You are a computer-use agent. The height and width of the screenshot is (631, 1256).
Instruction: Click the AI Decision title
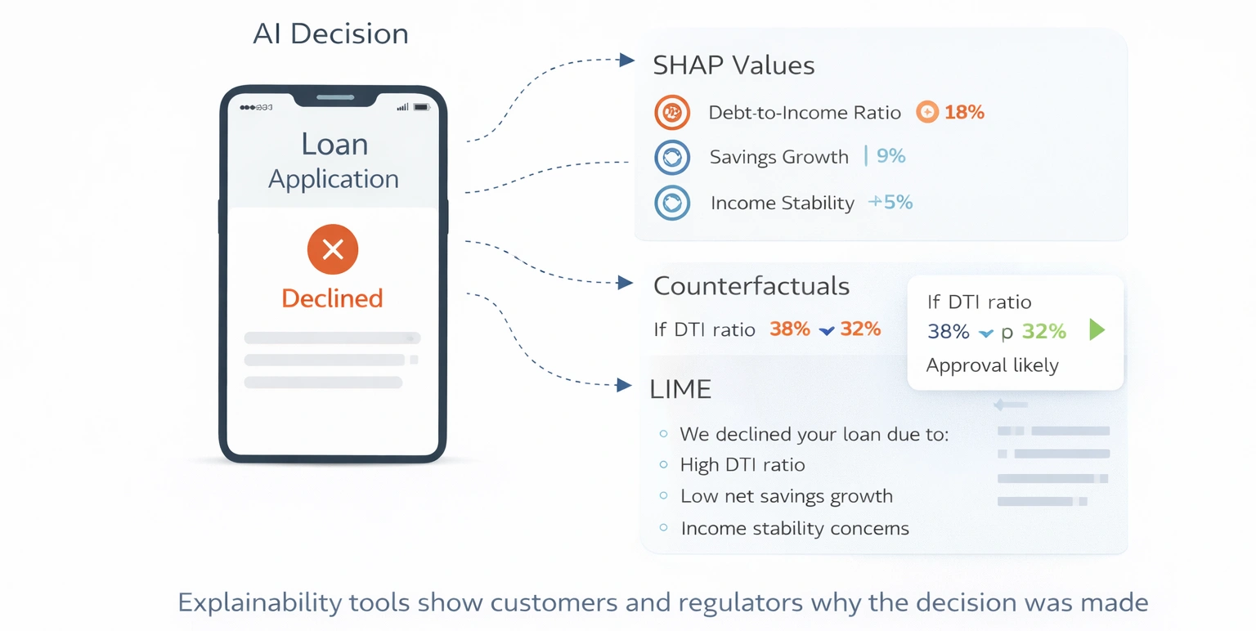pos(330,34)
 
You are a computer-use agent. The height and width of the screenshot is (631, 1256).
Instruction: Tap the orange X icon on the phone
pos(333,249)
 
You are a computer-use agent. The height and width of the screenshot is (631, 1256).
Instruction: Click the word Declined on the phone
pos(332,298)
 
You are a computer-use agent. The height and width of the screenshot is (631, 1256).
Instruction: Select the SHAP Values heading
pos(733,65)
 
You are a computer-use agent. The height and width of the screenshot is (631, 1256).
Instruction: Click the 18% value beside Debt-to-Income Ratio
pos(964,112)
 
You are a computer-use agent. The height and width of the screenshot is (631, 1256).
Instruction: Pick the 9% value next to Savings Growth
pos(890,156)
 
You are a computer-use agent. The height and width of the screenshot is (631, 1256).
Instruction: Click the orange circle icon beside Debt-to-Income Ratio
pos(673,113)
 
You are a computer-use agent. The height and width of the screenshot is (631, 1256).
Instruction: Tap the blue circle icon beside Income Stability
pos(672,203)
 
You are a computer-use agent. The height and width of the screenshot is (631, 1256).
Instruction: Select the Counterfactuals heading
pos(751,286)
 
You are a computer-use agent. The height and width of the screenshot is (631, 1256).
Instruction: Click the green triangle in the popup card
pos(1097,330)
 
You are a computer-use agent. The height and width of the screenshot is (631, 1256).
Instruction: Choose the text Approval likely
pos(992,365)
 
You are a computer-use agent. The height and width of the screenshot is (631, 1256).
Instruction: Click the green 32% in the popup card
pos(1044,331)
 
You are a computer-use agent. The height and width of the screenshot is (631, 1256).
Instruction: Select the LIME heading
pos(680,390)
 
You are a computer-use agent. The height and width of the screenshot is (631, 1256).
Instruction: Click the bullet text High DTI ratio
pos(742,465)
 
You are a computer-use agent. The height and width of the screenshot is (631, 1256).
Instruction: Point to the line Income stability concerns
pos(794,528)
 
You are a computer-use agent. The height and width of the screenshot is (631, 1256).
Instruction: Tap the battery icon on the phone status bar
pos(421,107)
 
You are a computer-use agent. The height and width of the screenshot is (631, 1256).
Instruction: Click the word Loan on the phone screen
pos(334,145)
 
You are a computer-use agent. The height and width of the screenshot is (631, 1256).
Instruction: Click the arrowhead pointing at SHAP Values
pos(627,60)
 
